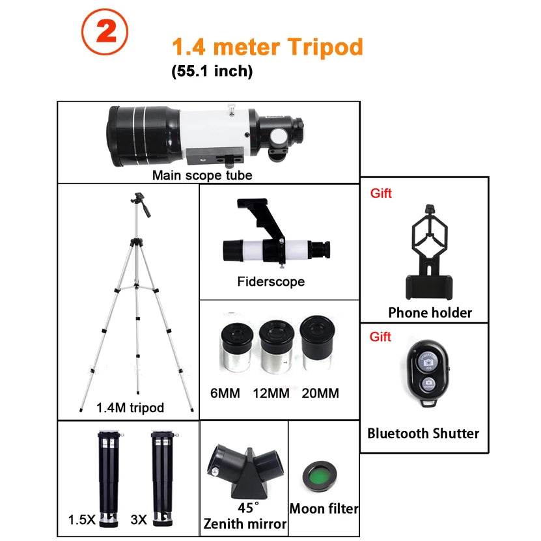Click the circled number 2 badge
click(x=105, y=35)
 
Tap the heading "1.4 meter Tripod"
click(x=267, y=48)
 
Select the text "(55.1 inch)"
click(x=212, y=72)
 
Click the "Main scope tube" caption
click(x=202, y=174)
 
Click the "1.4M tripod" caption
click(x=130, y=408)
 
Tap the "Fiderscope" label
click(x=271, y=282)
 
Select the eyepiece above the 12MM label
click(x=273, y=346)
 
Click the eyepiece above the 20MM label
click(x=316, y=343)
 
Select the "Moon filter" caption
click(x=324, y=508)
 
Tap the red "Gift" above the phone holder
click(x=381, y=193)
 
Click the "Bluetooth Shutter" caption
click(x=423, y=433)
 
